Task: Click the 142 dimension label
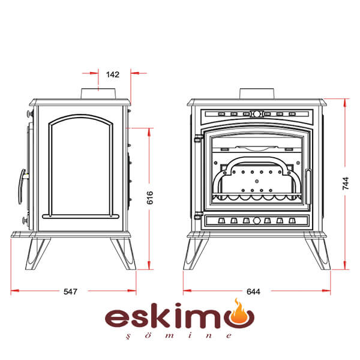[113, 74]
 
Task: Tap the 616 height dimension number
[149, 197]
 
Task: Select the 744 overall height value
[346, 183]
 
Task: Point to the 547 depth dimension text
[70, 292]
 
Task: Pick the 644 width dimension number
[253, 292]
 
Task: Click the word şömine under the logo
[179, 335]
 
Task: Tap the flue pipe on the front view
[257, 94]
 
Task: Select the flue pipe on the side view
[98, 94]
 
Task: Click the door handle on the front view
[308, 187]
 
